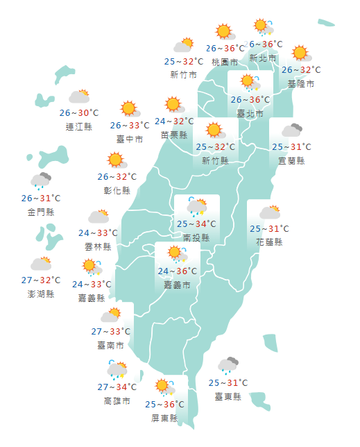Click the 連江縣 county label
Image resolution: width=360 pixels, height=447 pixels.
[78, 126]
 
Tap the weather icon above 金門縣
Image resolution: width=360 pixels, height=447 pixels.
[41, 181]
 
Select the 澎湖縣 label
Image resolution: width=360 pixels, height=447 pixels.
[41, 294]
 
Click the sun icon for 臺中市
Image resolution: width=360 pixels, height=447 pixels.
[129, 108]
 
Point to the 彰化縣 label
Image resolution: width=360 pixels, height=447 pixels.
[117, 189]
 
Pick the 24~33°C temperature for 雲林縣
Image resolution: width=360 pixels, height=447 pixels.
[98, 233]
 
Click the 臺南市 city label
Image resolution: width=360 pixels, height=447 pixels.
[111, 344]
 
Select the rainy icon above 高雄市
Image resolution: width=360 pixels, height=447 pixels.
[117, 370]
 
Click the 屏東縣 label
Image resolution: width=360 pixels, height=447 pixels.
[164, 418]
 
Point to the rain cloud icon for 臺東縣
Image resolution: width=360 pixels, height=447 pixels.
[228, 365]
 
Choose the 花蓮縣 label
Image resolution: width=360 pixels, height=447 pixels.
[269, 242]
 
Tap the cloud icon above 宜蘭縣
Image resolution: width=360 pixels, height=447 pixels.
[291, 130]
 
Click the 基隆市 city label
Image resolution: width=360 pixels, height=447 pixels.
[301, 83]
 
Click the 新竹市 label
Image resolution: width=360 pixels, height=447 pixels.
[183, 75]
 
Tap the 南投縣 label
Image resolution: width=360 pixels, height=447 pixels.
[196, 237]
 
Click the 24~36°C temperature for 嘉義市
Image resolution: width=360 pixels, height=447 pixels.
[177, 271]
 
